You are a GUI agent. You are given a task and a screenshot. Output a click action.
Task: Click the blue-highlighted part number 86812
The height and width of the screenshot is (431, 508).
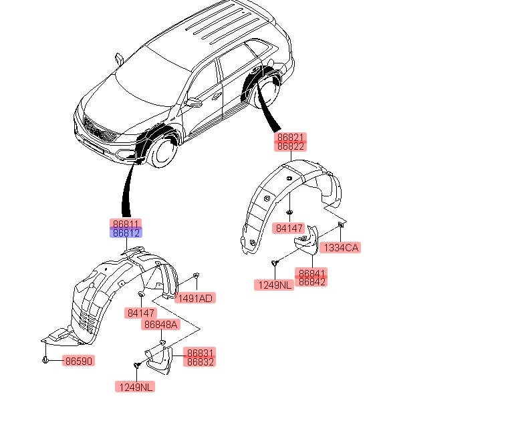(x=126, y=233)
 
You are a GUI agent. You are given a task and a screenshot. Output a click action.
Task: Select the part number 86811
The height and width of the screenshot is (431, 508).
(x=126, y=223)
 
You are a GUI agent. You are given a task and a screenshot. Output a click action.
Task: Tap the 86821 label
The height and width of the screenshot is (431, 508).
(x=290, y=137)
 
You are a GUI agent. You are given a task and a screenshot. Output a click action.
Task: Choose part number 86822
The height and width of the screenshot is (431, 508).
(x=290, y=146)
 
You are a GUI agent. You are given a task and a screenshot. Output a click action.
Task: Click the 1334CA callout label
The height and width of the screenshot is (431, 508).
(x=340, y=248)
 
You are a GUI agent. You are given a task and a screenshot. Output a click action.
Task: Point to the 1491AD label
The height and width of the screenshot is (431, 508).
(x=195, y=298)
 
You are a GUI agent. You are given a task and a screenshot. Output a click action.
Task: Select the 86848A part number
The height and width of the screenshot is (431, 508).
(x=160, y=324)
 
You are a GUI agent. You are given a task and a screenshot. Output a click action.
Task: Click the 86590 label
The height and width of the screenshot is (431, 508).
(x=79, y=361)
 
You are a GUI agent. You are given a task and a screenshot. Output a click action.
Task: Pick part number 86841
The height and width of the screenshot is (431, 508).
(x=311, y=273)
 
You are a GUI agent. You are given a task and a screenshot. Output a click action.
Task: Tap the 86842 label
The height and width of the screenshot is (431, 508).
(x=311, y=282)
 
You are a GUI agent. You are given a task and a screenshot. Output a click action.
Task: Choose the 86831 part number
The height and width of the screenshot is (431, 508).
(x=200, y=352)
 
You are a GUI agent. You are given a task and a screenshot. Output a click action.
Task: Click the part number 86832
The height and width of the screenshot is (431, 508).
(x=200, y=362)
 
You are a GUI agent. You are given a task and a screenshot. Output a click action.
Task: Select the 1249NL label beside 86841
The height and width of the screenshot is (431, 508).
(x=274, y=285)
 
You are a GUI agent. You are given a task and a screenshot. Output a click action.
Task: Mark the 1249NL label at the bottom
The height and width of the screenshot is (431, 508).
(x=135, y=387)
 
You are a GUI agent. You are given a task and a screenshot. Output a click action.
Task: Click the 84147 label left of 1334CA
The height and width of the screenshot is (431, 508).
(x=289, y=228)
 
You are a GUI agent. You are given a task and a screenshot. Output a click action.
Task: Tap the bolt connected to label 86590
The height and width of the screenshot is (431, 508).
(x=45, y=360)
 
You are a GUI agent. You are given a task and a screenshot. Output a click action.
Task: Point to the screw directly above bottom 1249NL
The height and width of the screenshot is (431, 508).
(x=137, y=366)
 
